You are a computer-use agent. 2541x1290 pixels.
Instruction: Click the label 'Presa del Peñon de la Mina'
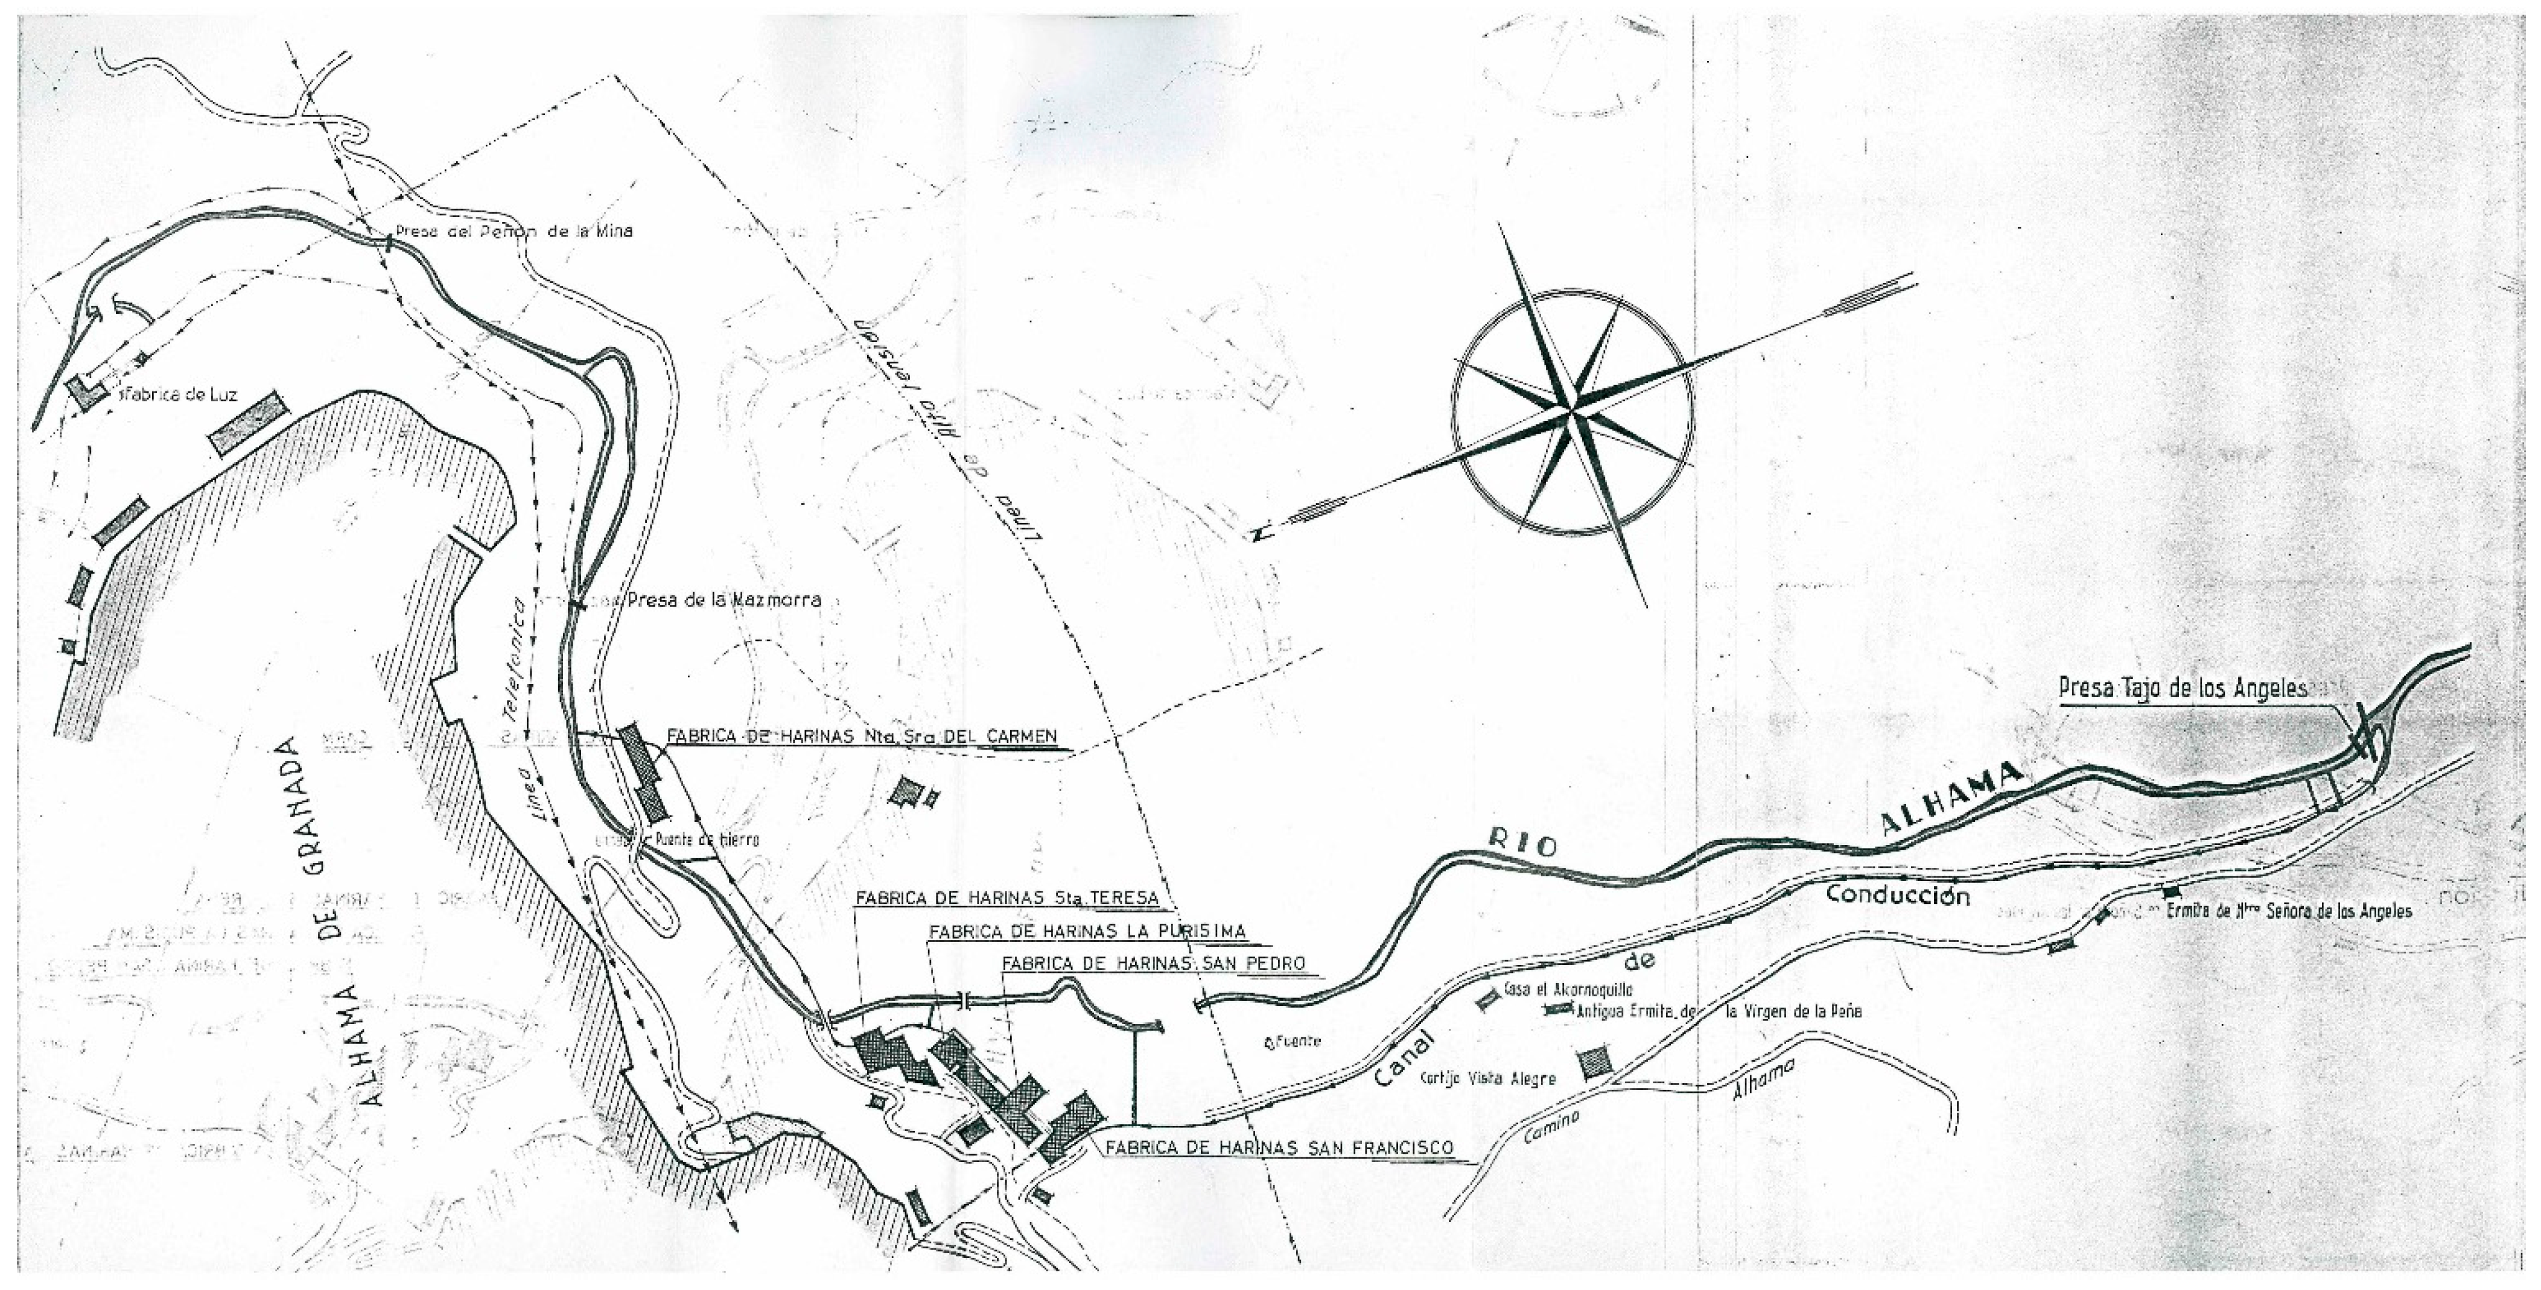pyautogui.click(x=513, y=233)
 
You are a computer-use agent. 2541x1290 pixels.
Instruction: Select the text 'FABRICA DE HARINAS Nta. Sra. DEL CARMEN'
pyautogui.click(x=861, y=736)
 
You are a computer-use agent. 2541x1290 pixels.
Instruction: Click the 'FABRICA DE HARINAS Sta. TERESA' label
pyautogui.click(x=1005, y=899)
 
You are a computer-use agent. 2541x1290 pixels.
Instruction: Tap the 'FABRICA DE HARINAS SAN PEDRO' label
pyautogui.click(x=1152, y=964)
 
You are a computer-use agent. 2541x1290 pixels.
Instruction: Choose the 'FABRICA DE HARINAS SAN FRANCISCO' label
pyautogui.click(x=1279, y=1148)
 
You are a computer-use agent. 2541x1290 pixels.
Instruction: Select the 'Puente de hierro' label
pyautogui.click(x=706, y=839)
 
